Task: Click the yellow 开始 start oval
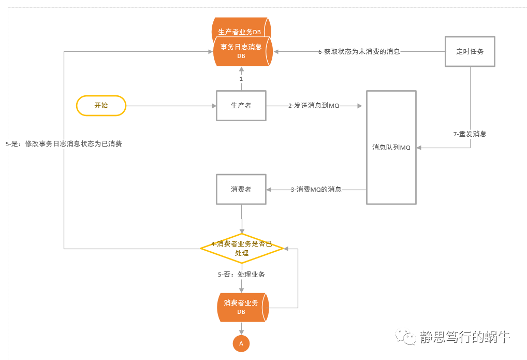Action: pos(101,106)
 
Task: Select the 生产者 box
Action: pos(241,106)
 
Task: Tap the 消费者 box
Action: pos(241,190)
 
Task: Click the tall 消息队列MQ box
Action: pos(391,147)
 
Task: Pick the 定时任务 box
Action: pos(470,51)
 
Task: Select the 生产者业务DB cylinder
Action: pos(241,27)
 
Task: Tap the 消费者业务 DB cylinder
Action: pos(243,307)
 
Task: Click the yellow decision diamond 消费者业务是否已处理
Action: pos(242,248)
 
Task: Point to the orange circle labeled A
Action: pos(241,343)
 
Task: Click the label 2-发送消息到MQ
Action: pos(314,106)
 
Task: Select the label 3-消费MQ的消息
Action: pos(316,190)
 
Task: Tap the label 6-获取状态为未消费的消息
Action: pos(359,51)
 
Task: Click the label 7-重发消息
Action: pos(470,134)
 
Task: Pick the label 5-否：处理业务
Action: pos(241,274)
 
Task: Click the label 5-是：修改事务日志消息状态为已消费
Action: pos(64,143)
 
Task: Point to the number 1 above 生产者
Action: pos(241,79)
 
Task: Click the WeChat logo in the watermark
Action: pos(406,337)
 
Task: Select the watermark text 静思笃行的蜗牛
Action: pos(465,337)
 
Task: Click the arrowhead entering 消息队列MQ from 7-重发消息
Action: pos(419,147)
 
